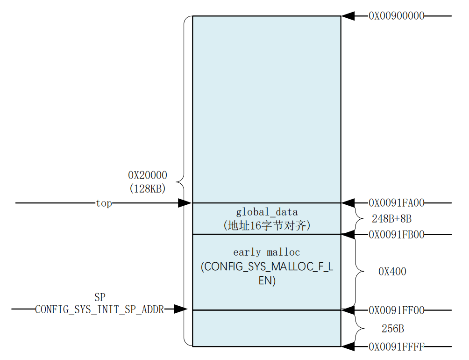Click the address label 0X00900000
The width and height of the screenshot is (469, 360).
pos(396,15)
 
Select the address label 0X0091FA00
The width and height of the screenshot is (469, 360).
pos(396,203)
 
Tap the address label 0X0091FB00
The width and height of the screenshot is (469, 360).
pos(396,235)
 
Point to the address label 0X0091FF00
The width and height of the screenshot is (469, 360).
pos(396,310)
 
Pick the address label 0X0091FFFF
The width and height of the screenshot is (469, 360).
pos(396,347)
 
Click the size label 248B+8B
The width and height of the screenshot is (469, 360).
pos(392,219)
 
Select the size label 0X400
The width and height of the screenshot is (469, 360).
pos(392,272)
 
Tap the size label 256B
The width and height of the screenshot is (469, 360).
pos(393,329)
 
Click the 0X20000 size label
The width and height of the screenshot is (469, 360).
pos(148,175)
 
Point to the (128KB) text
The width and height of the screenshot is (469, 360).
pos(148,188)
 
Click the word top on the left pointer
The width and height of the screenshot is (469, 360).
pos(104,203)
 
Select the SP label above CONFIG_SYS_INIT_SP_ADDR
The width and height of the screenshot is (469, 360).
pos(100,297)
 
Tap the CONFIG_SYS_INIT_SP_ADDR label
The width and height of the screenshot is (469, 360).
pos(99,310)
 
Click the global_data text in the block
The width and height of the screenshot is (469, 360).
pos(267,212)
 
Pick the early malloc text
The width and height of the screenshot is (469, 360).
pos(267,252)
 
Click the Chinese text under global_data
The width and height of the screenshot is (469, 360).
pos(267,225)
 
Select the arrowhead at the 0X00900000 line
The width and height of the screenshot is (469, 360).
pos(348,16)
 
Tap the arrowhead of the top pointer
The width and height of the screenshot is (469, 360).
pos(185,203)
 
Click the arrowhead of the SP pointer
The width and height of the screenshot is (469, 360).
pos(181,309)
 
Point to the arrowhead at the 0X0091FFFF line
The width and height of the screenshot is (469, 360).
pos(348,347)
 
